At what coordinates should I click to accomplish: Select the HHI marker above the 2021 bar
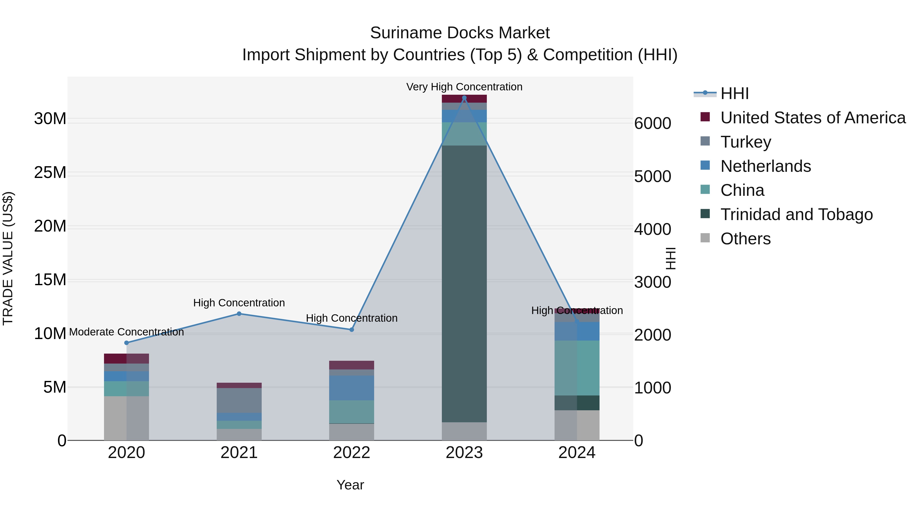point(239,314)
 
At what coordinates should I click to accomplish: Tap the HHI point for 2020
point(126,343)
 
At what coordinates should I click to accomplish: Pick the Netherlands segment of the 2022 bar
point(351,388)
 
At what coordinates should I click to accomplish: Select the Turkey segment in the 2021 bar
point(239,400)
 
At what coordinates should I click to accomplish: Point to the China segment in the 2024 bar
point(577,368)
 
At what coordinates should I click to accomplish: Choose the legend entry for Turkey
point(745,142)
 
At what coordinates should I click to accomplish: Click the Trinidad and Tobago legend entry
point(796,214)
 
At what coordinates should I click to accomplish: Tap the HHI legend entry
point(734,93)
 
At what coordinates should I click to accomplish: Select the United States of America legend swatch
point(705,117)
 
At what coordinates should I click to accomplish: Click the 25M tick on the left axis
point(50,173)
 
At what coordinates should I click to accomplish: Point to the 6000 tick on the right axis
point(652,124)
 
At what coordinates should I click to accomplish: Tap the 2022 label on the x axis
point(351,453)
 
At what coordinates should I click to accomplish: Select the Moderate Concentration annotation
point(126,332)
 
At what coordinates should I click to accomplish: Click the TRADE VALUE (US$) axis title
point(8,258)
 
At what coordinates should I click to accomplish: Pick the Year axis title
point(350,485)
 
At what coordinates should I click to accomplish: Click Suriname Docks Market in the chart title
point(460,33)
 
